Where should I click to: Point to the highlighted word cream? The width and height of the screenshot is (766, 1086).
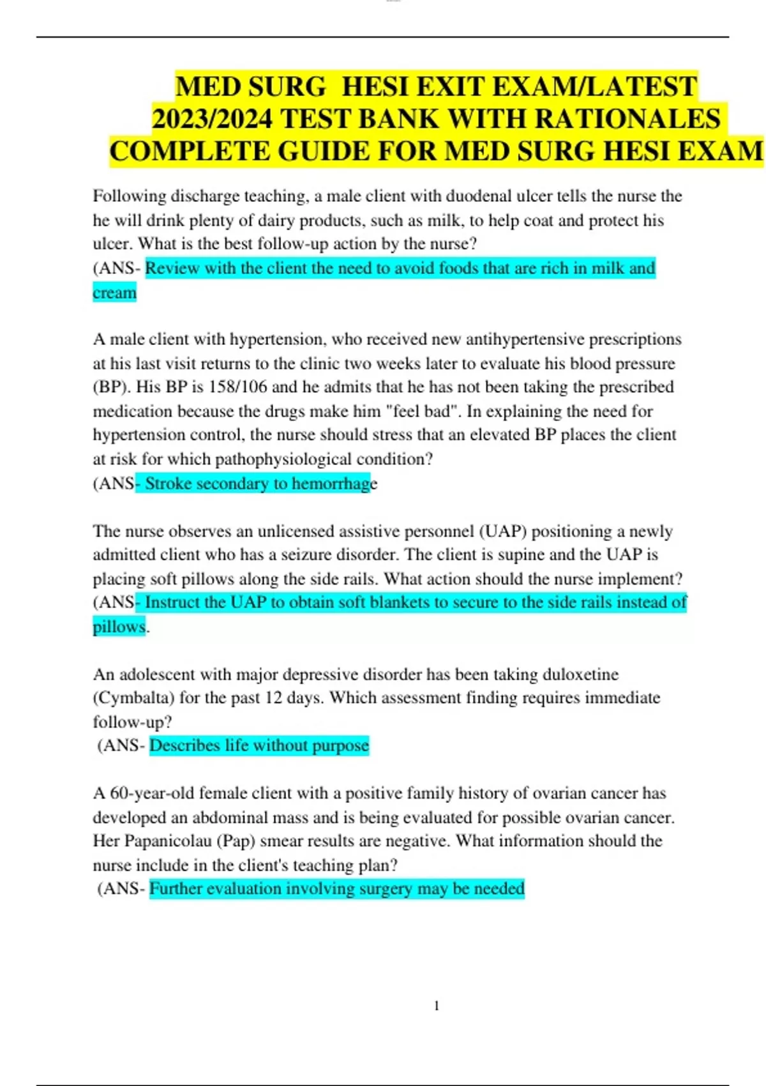(114, 293)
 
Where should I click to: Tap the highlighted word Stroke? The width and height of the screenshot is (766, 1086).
(168, 484)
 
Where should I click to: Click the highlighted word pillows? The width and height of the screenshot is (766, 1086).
(119, 627)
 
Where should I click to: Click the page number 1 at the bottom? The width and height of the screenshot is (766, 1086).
(437, 1006)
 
